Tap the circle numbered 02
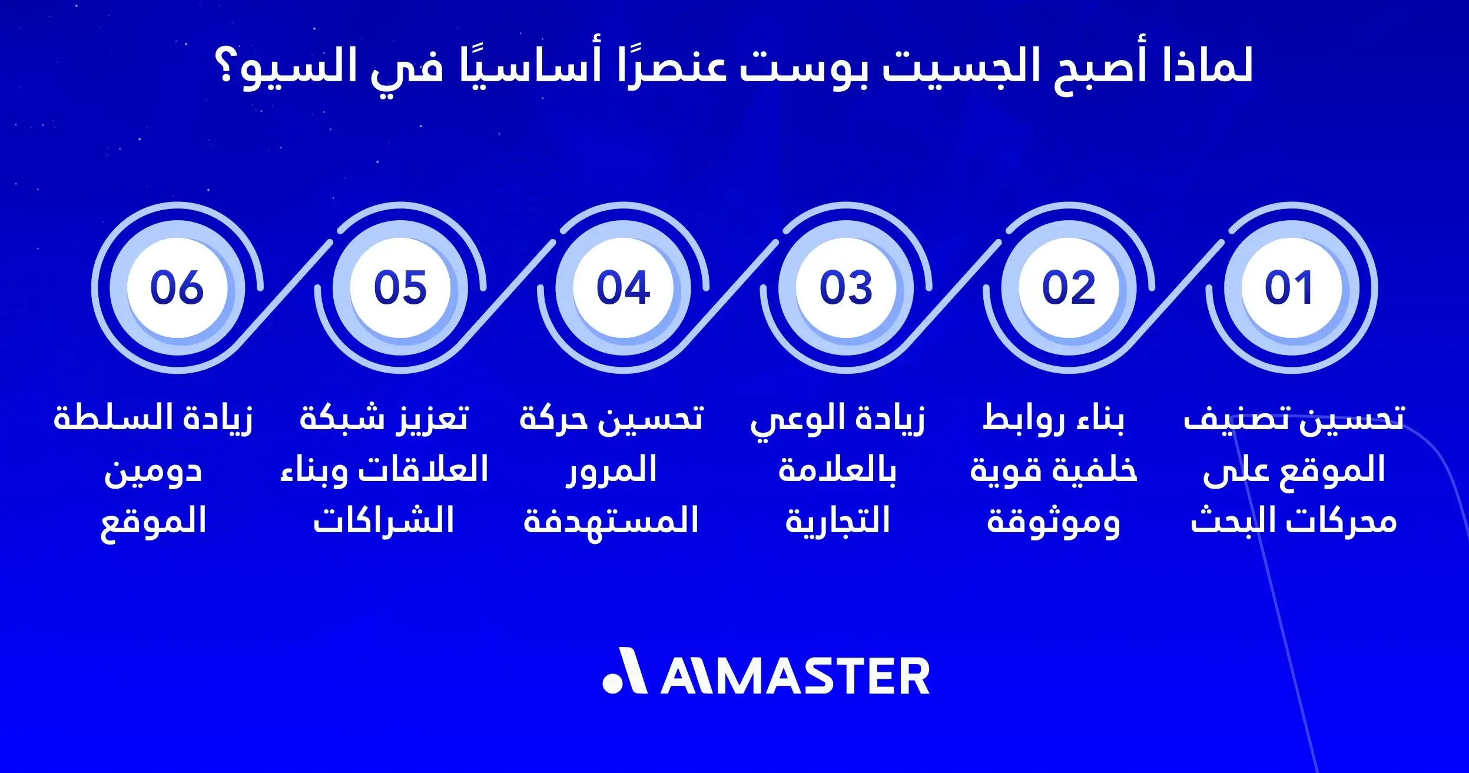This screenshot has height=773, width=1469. click(x=1069, y=287)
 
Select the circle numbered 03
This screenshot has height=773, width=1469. click(x=846, y=287)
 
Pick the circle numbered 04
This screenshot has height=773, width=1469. click(x=623, y=287)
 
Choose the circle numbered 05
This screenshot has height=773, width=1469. click(x=400, y=287)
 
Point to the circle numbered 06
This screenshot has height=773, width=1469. click(x=177, y=287)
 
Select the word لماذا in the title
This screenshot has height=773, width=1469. click(x=1207, y=66)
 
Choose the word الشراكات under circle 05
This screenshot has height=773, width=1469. click(x=383, y=522)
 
